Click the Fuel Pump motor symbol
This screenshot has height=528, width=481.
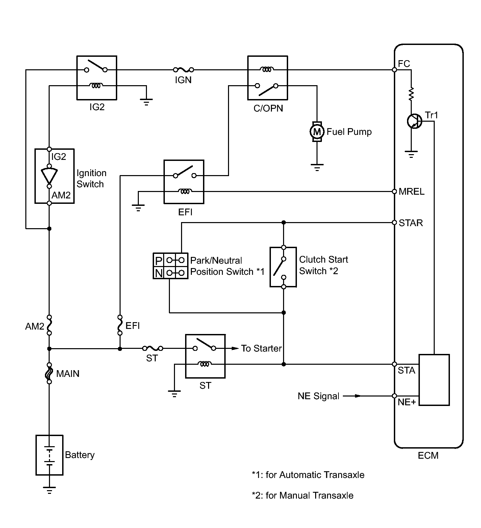click(317, 131)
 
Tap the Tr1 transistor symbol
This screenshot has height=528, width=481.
click(414, 121)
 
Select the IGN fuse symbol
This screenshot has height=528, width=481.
click(183, 70)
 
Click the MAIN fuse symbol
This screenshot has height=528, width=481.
click(49, 373)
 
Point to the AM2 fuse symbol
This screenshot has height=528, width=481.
click(49, 325)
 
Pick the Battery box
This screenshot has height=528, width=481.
click(49, 455)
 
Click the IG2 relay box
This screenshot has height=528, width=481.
click(97, 78)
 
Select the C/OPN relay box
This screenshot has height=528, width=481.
click(268, 78)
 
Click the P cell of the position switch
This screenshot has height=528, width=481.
click(158, 260)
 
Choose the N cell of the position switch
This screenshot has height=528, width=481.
click(158, 272)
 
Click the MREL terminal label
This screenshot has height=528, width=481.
click(411, 192)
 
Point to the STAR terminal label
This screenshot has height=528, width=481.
click(411, 223)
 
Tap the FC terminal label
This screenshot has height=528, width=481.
click(404, 64)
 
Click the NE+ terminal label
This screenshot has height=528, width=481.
click(407, 402)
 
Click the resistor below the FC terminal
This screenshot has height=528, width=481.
click(411, 94)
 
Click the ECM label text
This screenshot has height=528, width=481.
click(428, 455)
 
